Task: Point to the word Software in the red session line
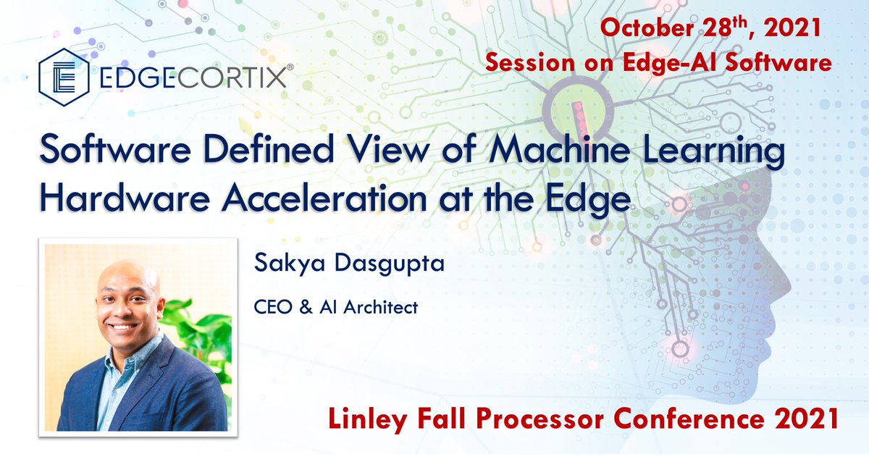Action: point(785,62)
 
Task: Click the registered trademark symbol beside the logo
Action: point(290,67)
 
